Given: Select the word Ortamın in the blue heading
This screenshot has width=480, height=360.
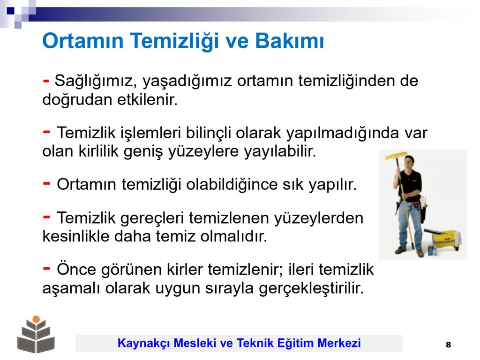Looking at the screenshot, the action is (82, 41).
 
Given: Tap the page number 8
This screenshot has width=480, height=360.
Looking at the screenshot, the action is (448, 345).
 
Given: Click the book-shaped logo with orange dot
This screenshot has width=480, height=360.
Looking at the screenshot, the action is (36, 334).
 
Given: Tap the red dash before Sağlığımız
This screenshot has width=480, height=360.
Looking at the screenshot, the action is (46, 81).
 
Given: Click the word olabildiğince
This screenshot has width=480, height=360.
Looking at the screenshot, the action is (232, 185).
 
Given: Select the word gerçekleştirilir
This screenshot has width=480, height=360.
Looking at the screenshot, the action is (311, 289).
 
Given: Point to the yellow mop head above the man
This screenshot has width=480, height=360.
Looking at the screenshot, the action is (396, 156).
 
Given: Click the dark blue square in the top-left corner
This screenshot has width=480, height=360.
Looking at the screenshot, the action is (10, 11).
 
